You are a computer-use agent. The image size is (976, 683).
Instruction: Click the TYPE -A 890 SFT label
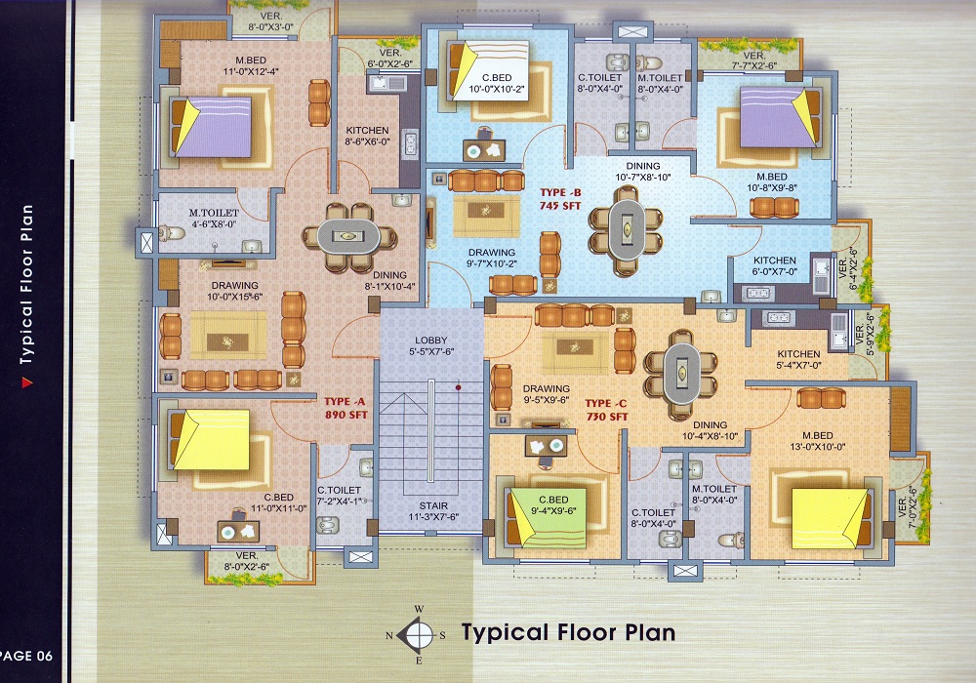pos(346,408)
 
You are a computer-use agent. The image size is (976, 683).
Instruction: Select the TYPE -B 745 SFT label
pos(560,199)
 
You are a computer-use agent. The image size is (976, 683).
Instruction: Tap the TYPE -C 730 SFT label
pos(606,410)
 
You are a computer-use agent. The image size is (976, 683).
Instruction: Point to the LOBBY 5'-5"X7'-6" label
pos(431,345)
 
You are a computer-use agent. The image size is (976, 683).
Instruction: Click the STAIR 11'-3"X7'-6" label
pos(433,510)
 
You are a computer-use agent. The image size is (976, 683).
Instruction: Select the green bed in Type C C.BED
pos(547,517)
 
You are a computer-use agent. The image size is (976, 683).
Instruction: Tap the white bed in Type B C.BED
pos(488,69)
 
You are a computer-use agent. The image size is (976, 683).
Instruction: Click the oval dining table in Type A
pos(348,236)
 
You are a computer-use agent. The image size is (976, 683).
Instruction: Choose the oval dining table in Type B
pos(627,229)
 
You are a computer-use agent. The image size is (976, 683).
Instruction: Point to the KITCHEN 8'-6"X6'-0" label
pos(367,136)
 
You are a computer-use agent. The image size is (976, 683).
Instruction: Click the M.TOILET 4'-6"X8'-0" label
pos(214,219)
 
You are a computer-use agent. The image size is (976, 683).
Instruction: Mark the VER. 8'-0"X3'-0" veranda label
pos(270,21)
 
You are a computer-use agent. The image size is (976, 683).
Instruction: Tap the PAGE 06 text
pos(26,656)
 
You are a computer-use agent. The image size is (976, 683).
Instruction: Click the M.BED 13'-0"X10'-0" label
pos(817,441)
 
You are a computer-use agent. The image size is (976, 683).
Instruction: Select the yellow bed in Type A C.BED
pos(211,439)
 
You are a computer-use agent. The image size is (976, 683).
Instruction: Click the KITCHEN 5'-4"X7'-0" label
pos(798,359)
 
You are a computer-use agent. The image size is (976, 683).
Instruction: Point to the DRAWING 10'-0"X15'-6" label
pos(234,291)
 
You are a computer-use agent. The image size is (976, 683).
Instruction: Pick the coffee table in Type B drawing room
pos(486,216)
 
